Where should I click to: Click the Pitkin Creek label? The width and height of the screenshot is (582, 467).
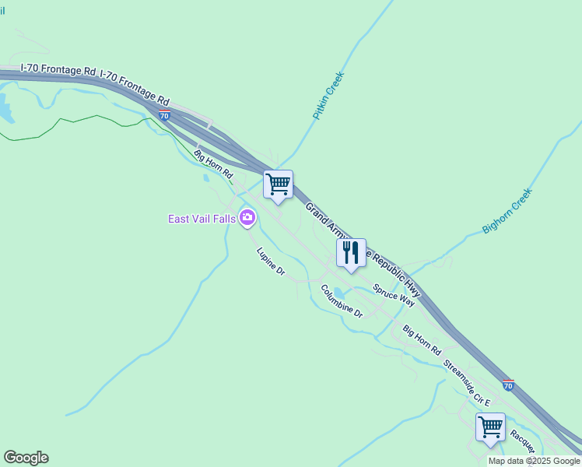(x=328, y=96)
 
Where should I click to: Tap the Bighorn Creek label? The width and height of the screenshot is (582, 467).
(x=507, y=211)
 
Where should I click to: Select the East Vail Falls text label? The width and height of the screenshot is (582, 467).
(x=202, y=219)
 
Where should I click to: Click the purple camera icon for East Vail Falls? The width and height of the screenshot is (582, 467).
(x=247, y=218)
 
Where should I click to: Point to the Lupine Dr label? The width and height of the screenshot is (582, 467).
(x=271, y=263)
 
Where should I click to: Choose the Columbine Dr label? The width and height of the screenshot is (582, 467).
(x=342, y=301)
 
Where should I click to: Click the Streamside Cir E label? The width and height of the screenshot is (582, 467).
(x=467, y=383)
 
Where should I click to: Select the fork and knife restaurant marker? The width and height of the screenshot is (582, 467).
(x=351, y=253)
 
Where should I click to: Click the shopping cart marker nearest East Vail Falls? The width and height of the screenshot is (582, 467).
(x=278, y=184)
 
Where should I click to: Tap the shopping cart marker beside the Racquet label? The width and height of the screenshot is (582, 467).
(x=490, y=427)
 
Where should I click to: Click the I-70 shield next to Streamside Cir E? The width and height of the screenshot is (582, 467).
(x=508, y=385)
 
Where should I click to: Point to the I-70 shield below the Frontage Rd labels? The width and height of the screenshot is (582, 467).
(x=163, y=116)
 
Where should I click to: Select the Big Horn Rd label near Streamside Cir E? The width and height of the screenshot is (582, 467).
(x=422, y=340)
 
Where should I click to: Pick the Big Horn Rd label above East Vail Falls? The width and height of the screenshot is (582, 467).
(x=213, y=163)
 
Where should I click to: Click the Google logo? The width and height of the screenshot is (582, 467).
(x=26, y=458)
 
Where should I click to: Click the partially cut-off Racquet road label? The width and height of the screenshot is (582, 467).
(x=523, y=443)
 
